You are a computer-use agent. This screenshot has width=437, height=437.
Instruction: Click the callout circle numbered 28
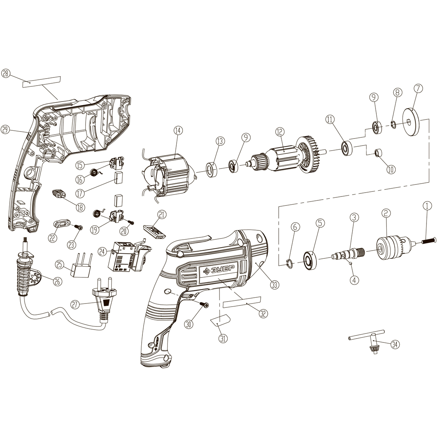(x=6, y=74)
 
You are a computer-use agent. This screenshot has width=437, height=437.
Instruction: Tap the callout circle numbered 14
(x=178, y=131)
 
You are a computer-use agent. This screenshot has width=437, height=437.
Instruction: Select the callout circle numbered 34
(x=395, y=344)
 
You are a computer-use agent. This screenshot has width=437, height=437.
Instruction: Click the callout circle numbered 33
(x=275, y=284)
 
